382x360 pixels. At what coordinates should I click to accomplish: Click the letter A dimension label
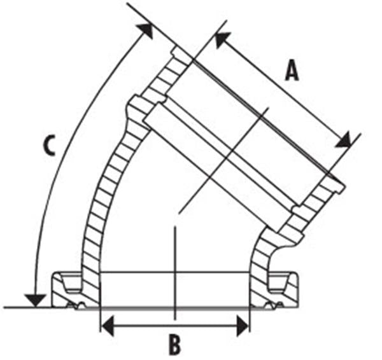(292, 71)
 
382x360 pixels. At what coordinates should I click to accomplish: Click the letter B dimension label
(175, 345)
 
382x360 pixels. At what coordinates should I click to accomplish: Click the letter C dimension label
(49, 146)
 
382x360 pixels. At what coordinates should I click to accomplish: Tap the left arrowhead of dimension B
(107, 326)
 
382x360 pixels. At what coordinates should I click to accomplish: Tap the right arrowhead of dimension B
(243, 326)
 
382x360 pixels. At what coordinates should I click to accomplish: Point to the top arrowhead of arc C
(145, 31)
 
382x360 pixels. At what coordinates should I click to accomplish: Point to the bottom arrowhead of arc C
(35, 300)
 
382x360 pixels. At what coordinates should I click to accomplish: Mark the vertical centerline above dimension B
(175, 273)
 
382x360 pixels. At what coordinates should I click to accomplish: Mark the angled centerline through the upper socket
(223, 161)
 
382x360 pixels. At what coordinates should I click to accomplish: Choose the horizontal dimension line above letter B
(175, 326)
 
